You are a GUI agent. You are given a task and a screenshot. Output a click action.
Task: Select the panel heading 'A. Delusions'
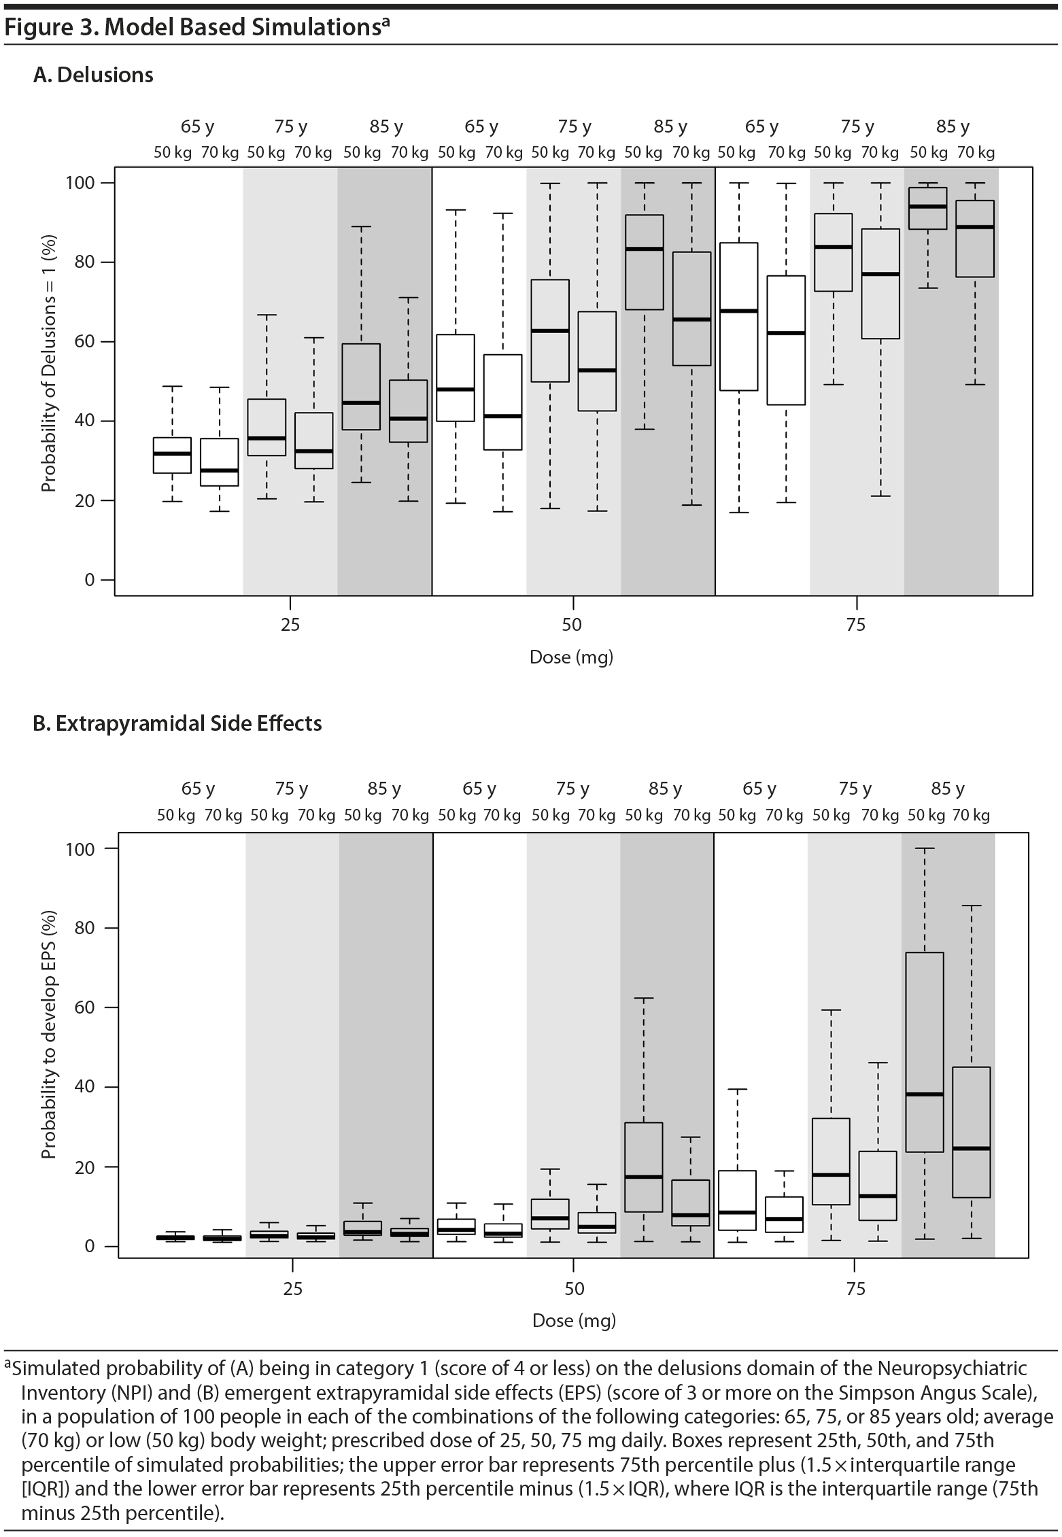93,75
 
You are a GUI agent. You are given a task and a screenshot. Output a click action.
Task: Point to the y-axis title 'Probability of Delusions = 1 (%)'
48,364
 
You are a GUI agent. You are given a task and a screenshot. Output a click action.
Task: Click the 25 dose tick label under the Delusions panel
290,624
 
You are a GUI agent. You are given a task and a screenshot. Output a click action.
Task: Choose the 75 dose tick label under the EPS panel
856,1289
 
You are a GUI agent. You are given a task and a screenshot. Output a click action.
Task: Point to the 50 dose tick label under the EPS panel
574,1289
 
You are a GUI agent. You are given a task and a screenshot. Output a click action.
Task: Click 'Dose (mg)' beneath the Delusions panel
571,657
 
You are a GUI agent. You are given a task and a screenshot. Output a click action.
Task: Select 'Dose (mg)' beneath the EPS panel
574,1320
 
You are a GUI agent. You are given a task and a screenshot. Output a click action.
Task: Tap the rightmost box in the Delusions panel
975,239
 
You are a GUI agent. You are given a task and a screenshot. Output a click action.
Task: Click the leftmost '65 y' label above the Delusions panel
197,126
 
